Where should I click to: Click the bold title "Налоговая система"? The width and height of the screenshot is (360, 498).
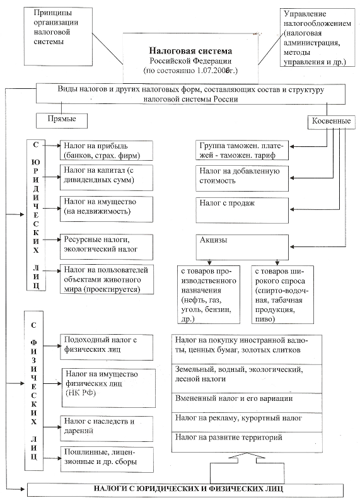[x=190, y=51]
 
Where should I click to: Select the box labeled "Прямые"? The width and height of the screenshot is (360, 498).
[x=62, y=120]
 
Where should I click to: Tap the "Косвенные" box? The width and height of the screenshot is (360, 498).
[x=331, y=121]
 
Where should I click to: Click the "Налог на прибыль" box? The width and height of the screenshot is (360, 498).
[x=107, y=151]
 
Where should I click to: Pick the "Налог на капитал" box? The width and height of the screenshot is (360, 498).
[x=107, y=177]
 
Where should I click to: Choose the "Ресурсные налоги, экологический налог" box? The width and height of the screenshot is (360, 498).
[x=107, y=246]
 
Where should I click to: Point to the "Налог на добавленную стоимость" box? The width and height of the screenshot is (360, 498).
[x=242, y=178]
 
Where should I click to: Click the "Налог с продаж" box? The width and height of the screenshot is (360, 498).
[x=242, y=211]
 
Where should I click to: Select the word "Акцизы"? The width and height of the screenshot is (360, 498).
[x=214, y=240]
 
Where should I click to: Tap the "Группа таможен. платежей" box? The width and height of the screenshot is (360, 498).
[x=242, y=150]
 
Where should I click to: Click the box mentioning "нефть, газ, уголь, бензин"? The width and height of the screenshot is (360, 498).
[x=209, y=294]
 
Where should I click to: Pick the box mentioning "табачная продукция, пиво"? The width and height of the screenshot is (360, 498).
[x=282, y=294]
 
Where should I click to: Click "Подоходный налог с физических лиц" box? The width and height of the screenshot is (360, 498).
[x=107, y=347]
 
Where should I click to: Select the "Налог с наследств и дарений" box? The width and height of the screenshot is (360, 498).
[x=107, y=429]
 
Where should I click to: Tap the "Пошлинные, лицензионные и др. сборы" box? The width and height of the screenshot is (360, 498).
[x=107, y=460]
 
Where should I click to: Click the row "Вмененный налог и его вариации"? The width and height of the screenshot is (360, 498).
[x=247, y=403]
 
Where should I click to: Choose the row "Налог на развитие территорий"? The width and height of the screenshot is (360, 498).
[x=247, y=442]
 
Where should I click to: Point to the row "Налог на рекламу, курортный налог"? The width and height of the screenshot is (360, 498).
[x=247, y=422]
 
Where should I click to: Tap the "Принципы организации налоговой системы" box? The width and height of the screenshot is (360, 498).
[x=58, y=36]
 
